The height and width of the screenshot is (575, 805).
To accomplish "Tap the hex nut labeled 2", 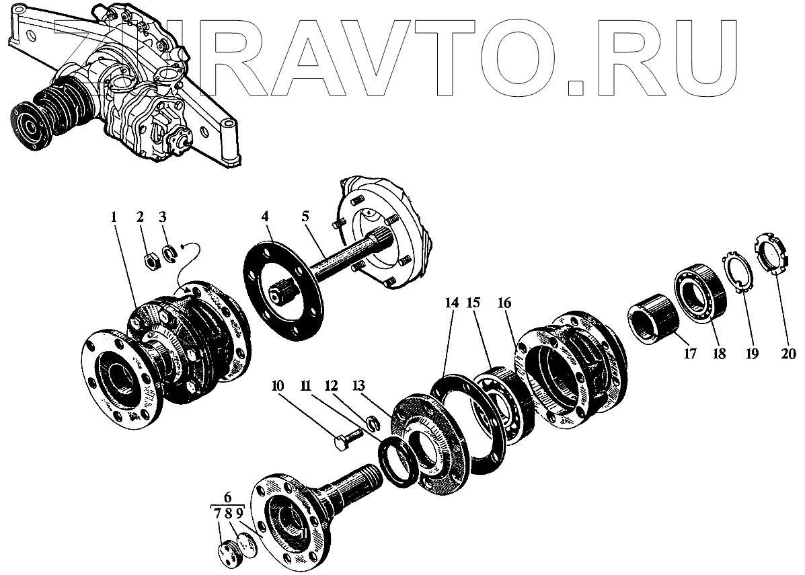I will (153, 260).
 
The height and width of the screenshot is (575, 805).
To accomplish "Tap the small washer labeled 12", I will (372, 424).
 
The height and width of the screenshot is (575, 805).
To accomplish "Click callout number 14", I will (451, 303).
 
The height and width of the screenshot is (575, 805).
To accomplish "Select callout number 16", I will (504, 303).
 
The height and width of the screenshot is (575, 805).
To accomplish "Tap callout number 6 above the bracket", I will (227, 498).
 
